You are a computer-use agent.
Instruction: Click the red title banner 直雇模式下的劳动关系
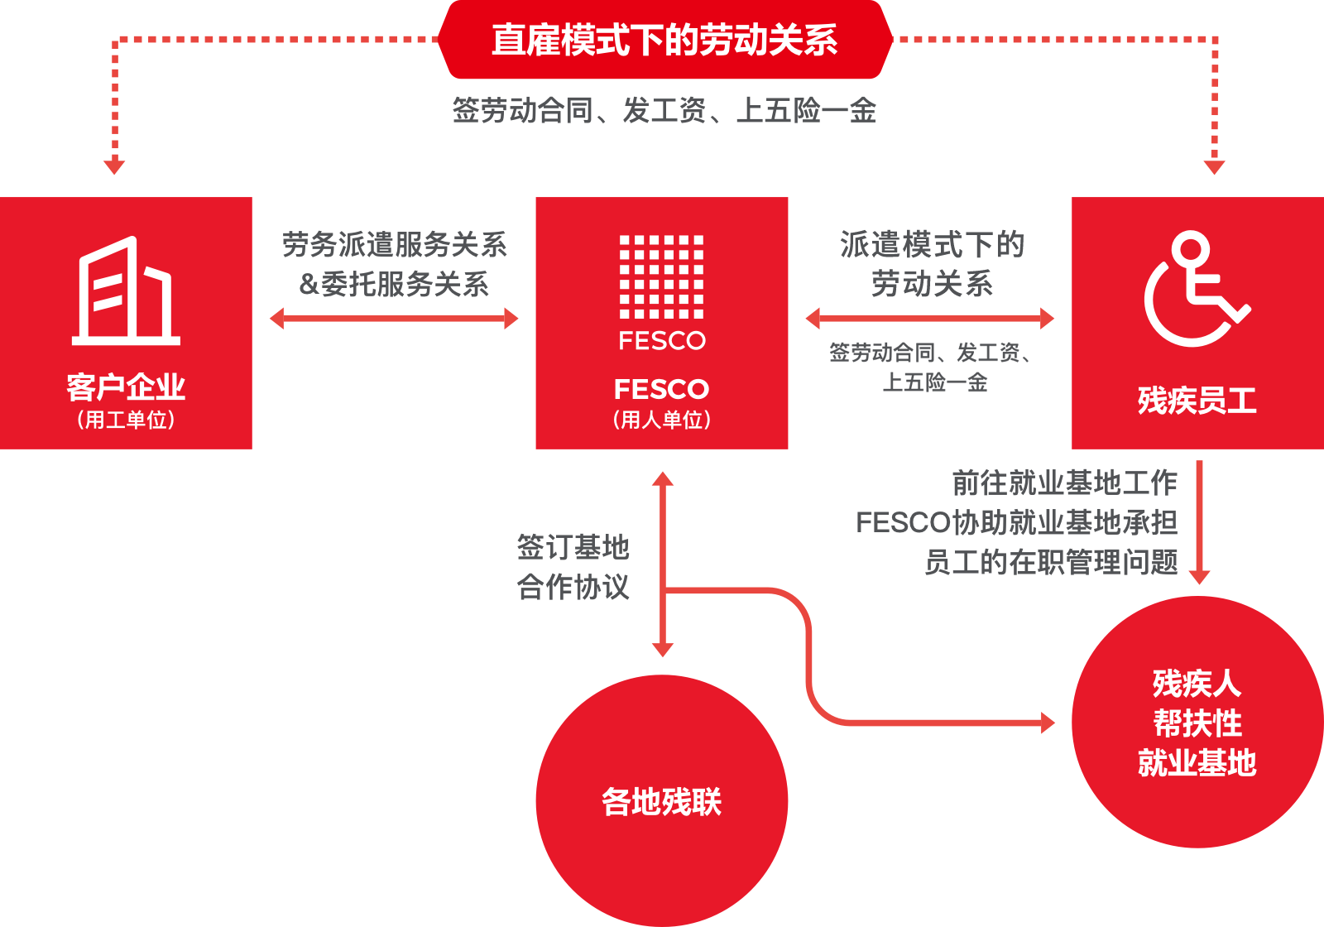pyautogui.click(x=664, y=40)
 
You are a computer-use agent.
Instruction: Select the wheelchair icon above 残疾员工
pyautogui.click(x=1197, y=289)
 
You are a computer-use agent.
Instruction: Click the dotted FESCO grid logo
pyautogui.click(x=662, y=276)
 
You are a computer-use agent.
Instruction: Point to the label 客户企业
pyautogui.click(x=126, y=387)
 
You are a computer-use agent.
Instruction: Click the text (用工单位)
pyautogui.click(x=126, y=420)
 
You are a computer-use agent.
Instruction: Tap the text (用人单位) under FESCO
pyautogui.click(x=662, y=420)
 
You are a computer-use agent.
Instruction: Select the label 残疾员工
pyautogui.click(x=1197, y=401)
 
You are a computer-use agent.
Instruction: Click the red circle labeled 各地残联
pyautogui.click(x=662, y=800)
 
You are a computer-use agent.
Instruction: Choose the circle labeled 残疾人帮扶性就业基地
pyautogui.click(x=1197, y=723)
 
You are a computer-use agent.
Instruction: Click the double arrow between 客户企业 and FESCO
pyautogui.click(x=394, y=319)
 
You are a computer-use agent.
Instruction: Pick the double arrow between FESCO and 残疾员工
pyautogui.click(x=930, y=319)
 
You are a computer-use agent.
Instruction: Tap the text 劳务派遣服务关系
pyautogui.click(x=394, y=244)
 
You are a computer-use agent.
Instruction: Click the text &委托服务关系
pyautogui.click(x=394, y=284)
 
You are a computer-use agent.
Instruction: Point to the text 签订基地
pyautogui.click(x=573, y=547)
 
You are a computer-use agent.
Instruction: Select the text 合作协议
pyautogui.click(x=573, y=587)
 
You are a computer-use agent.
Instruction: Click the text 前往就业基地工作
pyautogui.click(x=1064, y=482)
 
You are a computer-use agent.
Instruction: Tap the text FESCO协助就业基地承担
pyautogui.click(x=1016, y=522)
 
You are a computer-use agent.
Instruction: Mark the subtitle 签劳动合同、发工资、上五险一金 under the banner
pyautogui.click(x=664, y=110)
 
